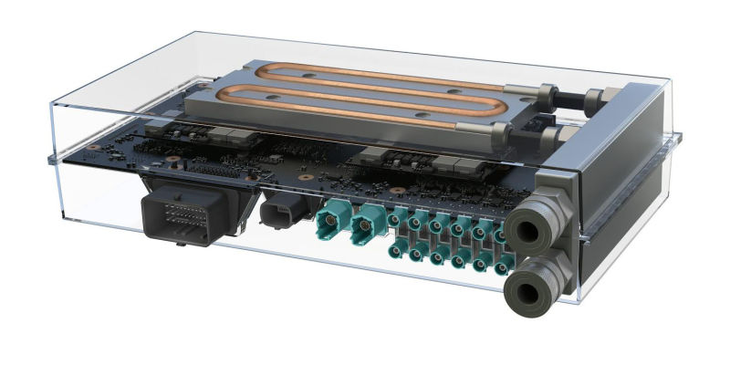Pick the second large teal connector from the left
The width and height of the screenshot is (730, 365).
pos(369,222)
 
